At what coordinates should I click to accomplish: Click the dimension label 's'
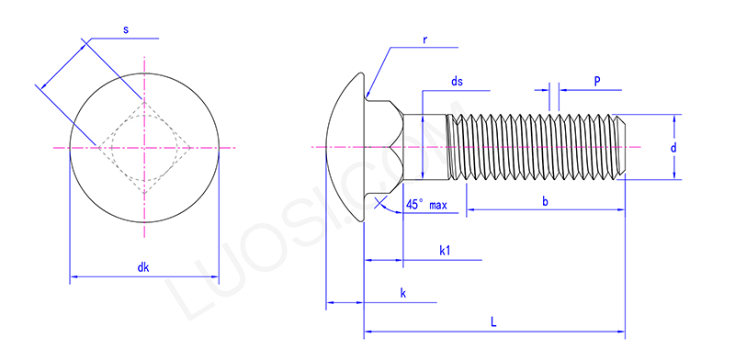pyautogui.click(x=125, y=30)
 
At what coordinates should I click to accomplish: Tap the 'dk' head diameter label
pyautogui.click(x=143, y=267)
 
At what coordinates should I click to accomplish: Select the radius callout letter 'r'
pyautogui.click(x=426, y=40)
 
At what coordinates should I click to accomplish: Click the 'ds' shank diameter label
pyautogui.click(x=457, y=83)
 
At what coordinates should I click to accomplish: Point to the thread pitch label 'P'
pyautogui.click(x=596, y=82)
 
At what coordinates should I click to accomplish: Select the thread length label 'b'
pyautogui.click(x=545, y=201)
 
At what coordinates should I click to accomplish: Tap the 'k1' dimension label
pyautogui.click(x=444, y=251)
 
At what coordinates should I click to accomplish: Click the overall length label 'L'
pyautogui.click(x=493, y=322)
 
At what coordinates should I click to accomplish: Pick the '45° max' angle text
pyautogui.click(x=426, y=206)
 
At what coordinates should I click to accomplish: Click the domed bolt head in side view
pyautogui.click(x=345, y=147)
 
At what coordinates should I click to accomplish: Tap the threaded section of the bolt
pyautogui.click(x=533, y=147)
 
